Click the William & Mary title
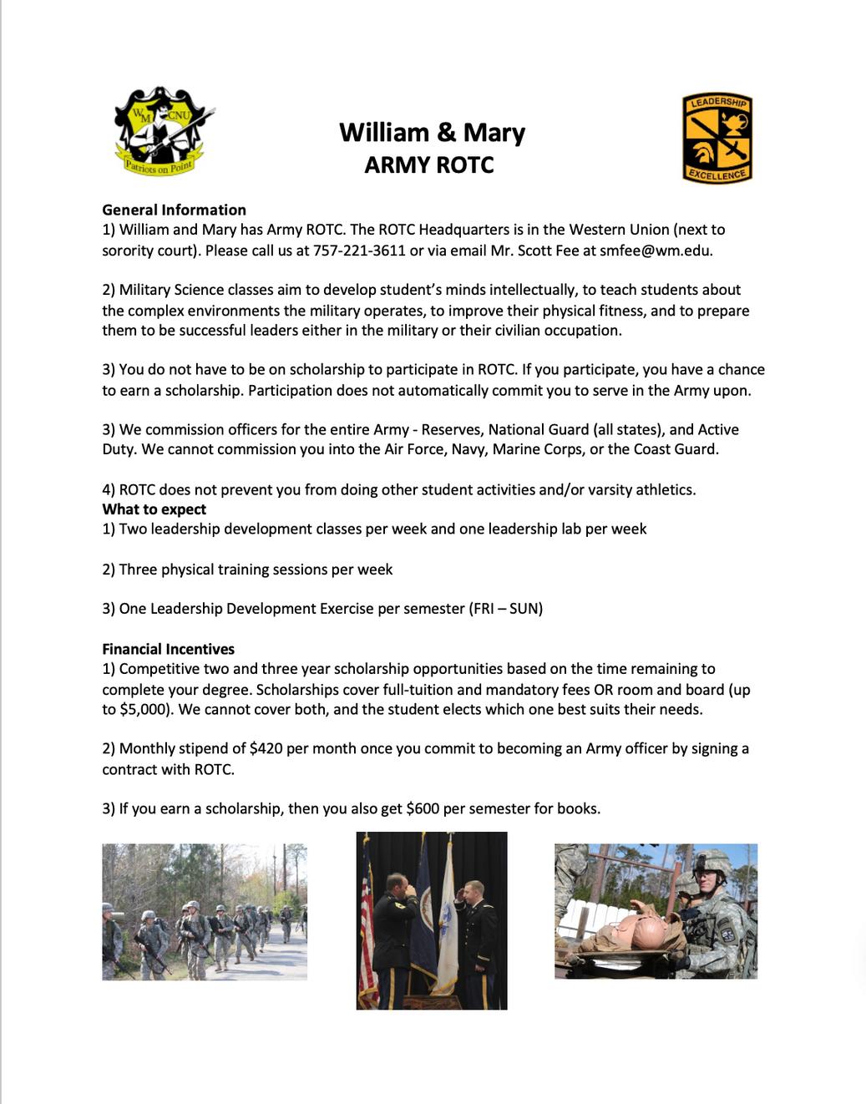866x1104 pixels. pos(432,133)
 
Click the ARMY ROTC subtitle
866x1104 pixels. pos(429,165)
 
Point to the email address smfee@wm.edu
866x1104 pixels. pos(656,250)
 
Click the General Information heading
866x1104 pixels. pos(174,210)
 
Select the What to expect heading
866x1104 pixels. pos(154,509)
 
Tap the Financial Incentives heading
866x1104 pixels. pos(168,649)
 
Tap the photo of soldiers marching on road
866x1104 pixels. pos(205,911)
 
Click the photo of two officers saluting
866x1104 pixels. pos(432,920)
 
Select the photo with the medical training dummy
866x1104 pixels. pos(656,911)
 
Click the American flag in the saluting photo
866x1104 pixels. pos(366,919)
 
